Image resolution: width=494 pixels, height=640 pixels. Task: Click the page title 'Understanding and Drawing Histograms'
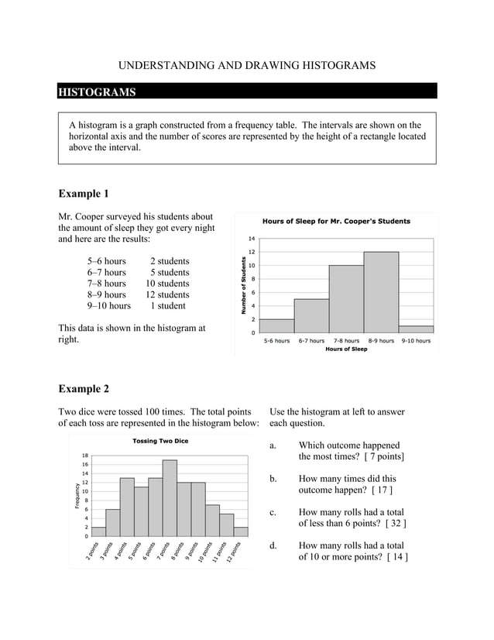247,66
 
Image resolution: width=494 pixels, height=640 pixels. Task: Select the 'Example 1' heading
84,193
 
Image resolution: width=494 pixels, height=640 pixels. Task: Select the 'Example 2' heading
84,388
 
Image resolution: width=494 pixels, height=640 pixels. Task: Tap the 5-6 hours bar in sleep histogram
277,325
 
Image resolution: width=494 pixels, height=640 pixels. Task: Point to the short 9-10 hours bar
416,329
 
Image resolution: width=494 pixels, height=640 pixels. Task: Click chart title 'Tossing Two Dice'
160,441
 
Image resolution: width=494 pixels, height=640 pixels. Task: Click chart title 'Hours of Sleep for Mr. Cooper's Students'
336,222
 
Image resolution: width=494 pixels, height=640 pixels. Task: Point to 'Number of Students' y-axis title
243,285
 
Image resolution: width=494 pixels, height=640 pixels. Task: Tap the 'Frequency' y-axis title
77,495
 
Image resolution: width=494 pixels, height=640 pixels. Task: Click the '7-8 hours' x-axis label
346,340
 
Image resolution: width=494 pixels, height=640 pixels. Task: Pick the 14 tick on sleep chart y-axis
252,239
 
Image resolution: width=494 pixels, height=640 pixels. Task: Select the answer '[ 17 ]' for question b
383,490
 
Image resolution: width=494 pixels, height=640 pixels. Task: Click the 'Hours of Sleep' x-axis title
346,349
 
